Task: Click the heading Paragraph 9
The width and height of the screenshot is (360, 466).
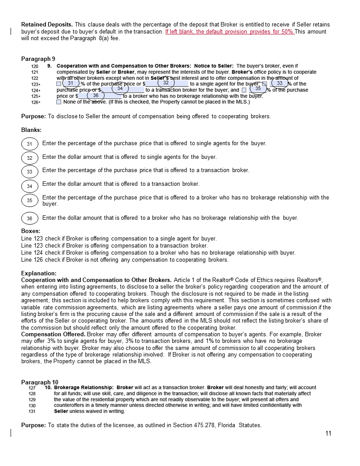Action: [38, 59]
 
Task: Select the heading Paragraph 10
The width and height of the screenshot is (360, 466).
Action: [40, 382]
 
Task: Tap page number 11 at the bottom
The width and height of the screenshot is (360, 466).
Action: [328, 433]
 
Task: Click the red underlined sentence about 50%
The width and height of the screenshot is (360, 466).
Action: [230, 32]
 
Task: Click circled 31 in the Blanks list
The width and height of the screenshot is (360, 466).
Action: [30, 144]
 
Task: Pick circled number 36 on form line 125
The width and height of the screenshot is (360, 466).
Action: [96, 95]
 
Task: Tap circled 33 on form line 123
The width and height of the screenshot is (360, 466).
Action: [280, 83]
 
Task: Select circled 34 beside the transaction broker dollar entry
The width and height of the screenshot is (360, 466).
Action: [120, 89]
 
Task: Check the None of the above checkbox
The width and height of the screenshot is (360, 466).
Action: [59, 102]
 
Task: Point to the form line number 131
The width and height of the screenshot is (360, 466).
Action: [32, 411]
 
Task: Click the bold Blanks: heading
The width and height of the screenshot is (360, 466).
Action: [31, 130]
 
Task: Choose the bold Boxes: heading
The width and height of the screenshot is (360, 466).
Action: [31, 231]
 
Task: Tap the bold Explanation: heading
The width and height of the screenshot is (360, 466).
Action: [39, 273]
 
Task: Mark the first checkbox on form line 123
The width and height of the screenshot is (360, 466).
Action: [59, 84]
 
